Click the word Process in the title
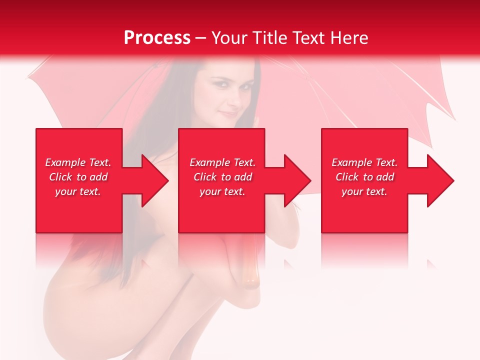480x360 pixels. click(x=157, y=38)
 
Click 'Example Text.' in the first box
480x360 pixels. click(x=78, y=162)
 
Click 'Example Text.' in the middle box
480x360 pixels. click(x=222, y=162)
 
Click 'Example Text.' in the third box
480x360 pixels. click(x=364, y=162)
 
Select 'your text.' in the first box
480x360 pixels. click(x=78, y=191)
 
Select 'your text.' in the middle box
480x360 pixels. click(x=222, y=191)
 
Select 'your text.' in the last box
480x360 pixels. click(x=364, y=191)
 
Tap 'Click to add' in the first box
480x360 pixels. click(x=78, y=177)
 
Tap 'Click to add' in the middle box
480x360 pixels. click(x=222, y=177)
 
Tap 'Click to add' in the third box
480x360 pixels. click(x=364, y=177)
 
